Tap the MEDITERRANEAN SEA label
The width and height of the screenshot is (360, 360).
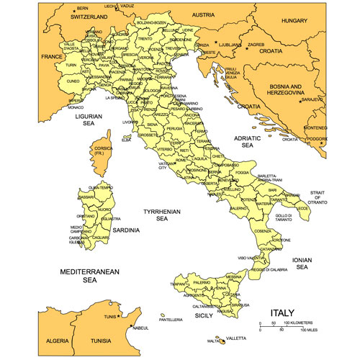coord(89,276)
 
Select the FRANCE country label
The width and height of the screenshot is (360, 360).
coord(52,56)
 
